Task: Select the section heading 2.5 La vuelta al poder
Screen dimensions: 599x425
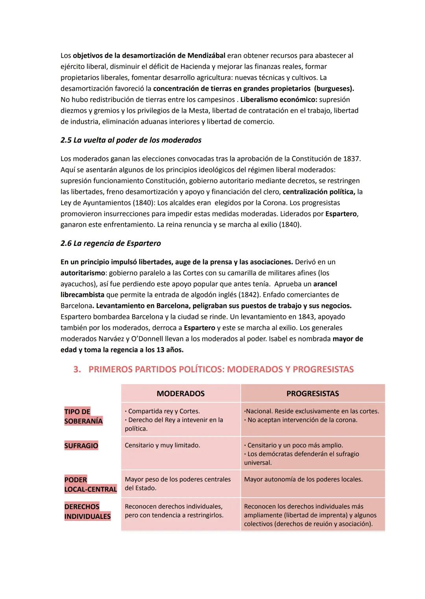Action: tap(131, 140)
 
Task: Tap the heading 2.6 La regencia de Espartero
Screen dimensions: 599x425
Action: tap(111, 243)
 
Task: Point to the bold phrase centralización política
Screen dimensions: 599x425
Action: tap(319, 192)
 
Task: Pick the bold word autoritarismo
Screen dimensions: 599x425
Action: tap(83, 273)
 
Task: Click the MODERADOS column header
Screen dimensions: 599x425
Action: tap(180, 394)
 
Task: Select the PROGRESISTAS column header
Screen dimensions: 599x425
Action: tap(312, 394)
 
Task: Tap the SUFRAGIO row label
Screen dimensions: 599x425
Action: tap(81, 446)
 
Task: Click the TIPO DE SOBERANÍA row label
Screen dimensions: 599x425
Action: tap(83, 416)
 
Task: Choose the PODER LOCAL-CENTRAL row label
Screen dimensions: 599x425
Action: tap(90, 484)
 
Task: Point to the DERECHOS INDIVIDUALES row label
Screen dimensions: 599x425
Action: tap(87, 511)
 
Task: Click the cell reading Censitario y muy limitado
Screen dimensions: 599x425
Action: tap(162, 445)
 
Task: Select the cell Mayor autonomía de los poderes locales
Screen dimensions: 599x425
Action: tap(303, 479)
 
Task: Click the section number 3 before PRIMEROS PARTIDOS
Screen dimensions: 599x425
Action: tap(77, 370)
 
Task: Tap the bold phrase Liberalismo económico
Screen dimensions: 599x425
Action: tap(279, 99)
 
